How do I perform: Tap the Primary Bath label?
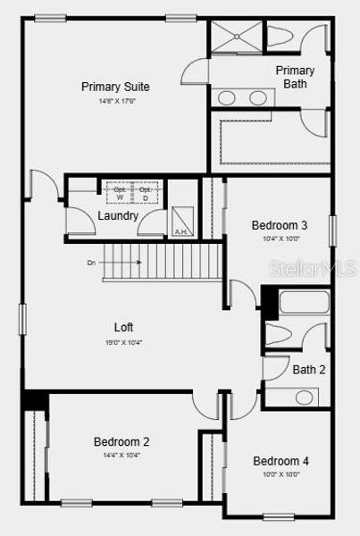[x=295, y=77]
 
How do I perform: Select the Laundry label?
[x=118, y=215]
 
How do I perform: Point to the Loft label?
[x=124, y=327]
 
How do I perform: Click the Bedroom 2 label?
[x=121, y=441]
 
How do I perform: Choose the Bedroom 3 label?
[x=280, y=225]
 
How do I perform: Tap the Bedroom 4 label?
[x=280, y=461]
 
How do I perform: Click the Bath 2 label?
[x=309, y=369]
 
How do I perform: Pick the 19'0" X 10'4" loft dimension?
[x=124, y=342]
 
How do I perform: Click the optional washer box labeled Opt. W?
[x=119, y=193]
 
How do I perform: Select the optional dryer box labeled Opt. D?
[x=145, y=193]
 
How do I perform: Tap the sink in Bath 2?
[x=306, y=396]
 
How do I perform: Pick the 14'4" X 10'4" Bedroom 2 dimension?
[x=121, y=455]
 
